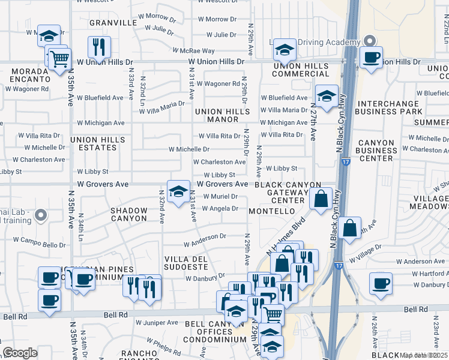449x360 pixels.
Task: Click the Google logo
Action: pyautogui.click(x=20, y=353)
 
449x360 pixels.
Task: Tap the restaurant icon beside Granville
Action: pyautogui.click(x=98, y=46)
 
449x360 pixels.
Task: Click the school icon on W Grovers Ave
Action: pyautogui.click(x=178, y=191)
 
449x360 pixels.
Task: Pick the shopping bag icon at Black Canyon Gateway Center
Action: pyautogui.click(x=321, y=197)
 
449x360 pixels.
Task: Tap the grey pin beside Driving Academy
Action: pyautogui.click(x=370, y=41)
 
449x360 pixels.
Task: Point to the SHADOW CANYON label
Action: pyautogui.click(x=129, y=214)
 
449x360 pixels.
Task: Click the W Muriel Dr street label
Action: pyautogui.click(x=220, y=196)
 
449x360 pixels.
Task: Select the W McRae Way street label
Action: pyautogui.click(x=194, y=52)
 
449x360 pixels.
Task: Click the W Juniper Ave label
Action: pyautogui.click(x=157, y=322)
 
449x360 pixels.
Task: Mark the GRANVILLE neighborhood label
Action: pyautogui.click(x=113, y=23)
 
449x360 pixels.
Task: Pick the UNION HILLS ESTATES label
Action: pyautogui.click(x=98, y=143)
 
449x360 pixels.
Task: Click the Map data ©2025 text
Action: pyautogui.click(x=423, y=355)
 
